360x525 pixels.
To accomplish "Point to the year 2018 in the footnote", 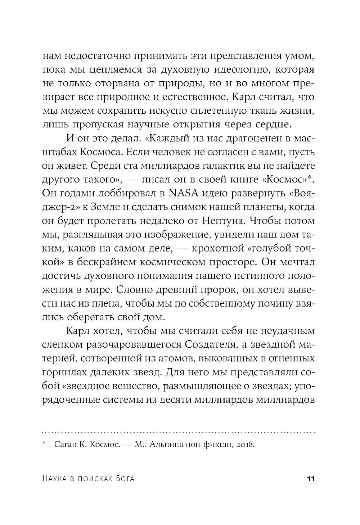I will (x=245, y=445).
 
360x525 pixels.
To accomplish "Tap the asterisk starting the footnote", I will (x=44, y=444).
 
